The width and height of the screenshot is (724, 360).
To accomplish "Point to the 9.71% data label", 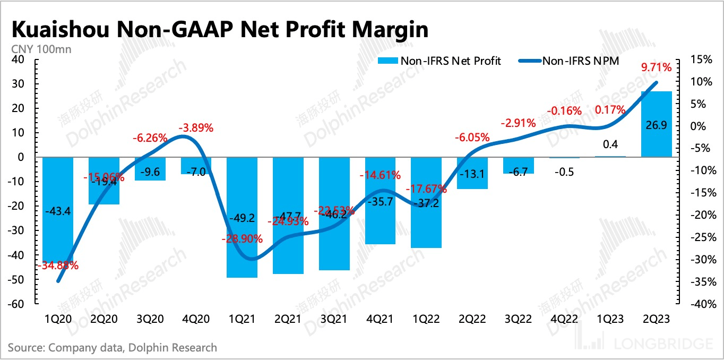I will [x=657, y=67].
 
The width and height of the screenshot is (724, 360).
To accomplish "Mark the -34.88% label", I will [x=57, y=265].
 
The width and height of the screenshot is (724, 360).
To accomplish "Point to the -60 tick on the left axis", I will [x=17, y=304].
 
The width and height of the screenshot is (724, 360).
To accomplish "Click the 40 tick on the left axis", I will [x=19, y=59].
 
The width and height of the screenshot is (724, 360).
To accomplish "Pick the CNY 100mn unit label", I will [x=40, y=49].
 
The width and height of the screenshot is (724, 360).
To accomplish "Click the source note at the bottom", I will [x=113, y=348].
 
